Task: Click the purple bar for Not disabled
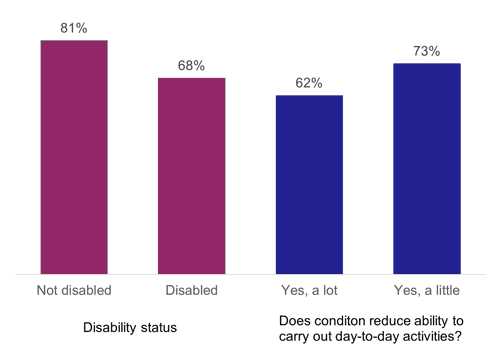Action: click(x=73, y=156)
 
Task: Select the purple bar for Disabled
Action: click(x=191, y=174)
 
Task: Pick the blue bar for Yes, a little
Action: click(x=427, y=167)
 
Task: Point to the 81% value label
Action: click(x=73, y=28)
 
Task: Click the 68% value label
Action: click(x=191, y=65)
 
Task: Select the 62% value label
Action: click(x=309, y=83)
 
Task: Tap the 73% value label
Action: click(x=427, y=50)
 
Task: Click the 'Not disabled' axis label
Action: click(x=73, y=290)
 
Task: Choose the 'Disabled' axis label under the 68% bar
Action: click(x=191, y=290)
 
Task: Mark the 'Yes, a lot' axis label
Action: click(x=309, y=290)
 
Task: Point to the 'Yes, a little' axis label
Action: click(x=427, y=290)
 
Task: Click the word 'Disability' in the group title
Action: click(x=113, y=326)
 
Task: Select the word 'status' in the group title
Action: click(x=164, y=326)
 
